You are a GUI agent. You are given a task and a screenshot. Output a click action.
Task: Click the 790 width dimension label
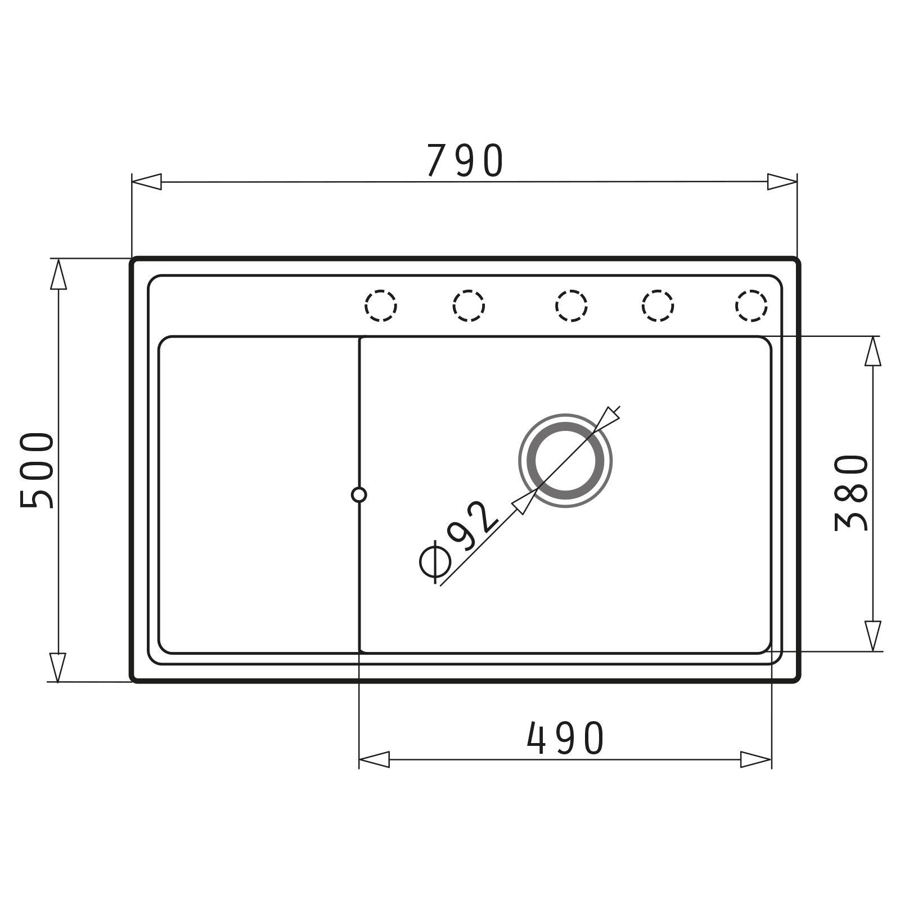(465, 161)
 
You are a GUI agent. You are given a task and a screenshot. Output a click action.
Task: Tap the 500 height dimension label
(37, 470)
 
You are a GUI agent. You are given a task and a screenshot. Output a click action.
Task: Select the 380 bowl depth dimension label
(851, 493)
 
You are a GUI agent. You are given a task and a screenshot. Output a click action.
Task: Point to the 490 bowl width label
(565, 738)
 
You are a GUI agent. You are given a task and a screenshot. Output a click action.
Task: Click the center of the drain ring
(565, 461)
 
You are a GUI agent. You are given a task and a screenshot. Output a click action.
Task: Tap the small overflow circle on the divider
(359, 495)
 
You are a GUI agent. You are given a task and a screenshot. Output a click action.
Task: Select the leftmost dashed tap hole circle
(381, 306)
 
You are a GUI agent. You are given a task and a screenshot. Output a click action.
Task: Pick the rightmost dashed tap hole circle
(751, 306)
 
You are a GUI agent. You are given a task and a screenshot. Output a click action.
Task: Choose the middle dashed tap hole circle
(571, 306)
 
